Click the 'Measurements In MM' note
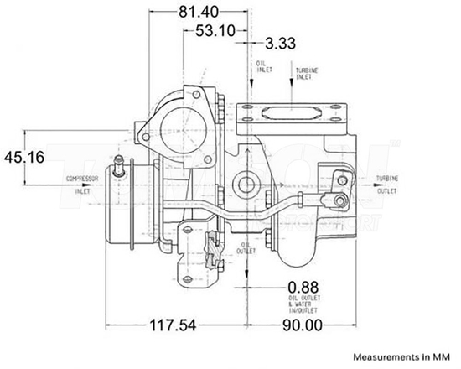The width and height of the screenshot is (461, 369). click(x=402, y=355)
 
